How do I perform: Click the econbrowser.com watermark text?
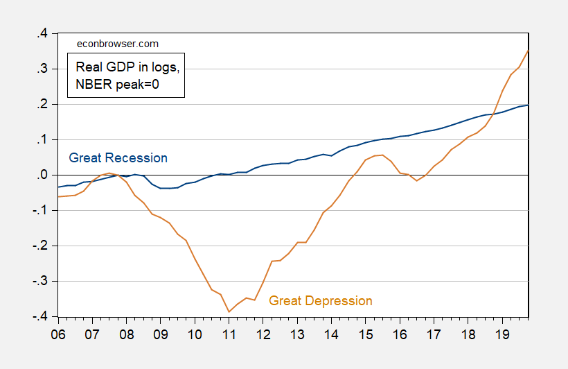(x=117, y=44)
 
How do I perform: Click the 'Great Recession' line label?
(x=118, y=158)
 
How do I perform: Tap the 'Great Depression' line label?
(x=320, y=301)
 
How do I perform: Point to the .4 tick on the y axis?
(x=44, y=33)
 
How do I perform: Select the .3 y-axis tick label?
(x=44, y=69)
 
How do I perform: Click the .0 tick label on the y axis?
(x=44, y=175)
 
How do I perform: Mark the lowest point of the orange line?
(x=229, y=311)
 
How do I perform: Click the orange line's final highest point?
(x=529, y=50)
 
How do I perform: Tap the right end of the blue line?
(x=529, y=105)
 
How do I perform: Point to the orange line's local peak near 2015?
(x=382, y=155)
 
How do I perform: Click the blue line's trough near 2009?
(x=165, y=188)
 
